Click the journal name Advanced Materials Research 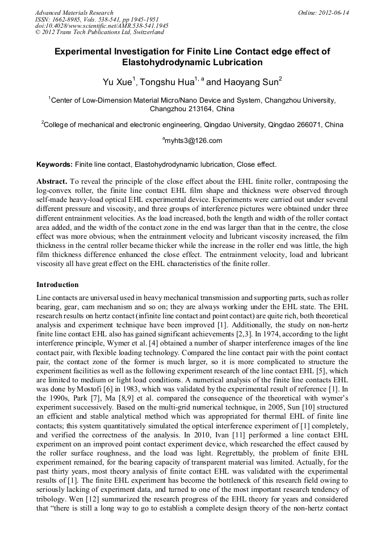coord(74,12)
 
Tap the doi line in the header coord(102,26)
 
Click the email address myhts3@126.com coord(193,141)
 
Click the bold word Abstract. coord(52,182)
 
